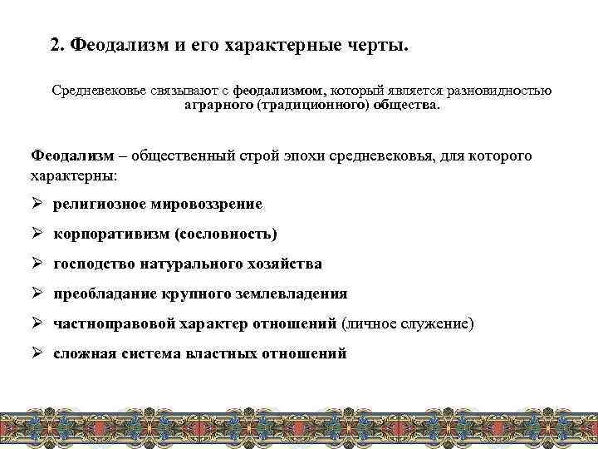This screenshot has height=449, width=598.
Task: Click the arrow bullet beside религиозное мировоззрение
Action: [x=38, y=204]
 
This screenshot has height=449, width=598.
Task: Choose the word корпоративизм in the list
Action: [x=110, y=234]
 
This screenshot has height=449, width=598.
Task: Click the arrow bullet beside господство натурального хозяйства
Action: [x=38, y=264]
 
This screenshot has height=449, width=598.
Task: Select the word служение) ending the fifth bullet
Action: [x=441, y=323]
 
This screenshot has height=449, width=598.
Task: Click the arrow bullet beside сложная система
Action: [x=38, y=353]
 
